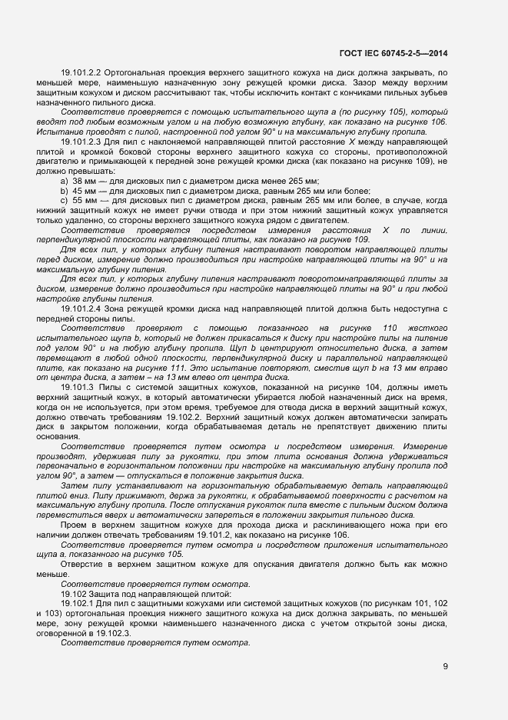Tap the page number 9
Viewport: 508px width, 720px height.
click(x=445, y=666)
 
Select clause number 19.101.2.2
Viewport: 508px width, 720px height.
click(x=85, y=72)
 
